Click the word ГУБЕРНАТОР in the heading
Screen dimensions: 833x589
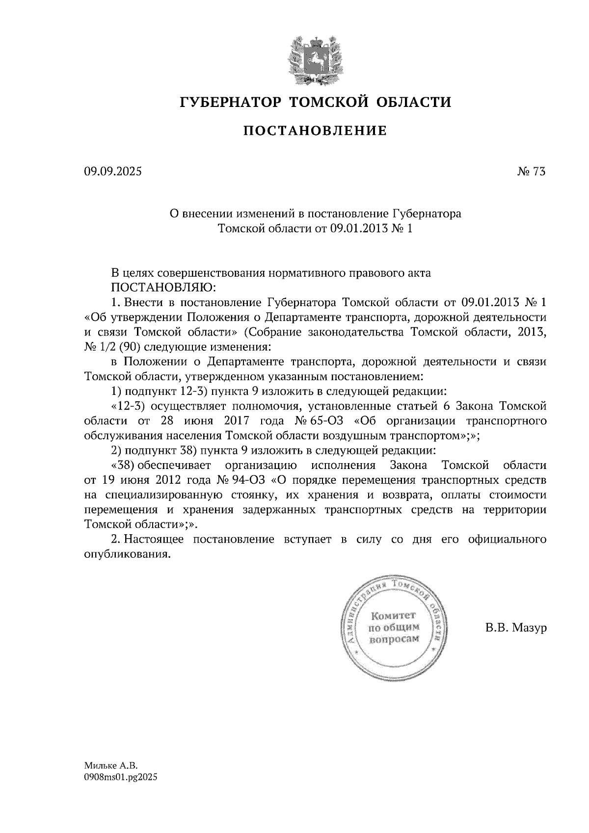(231, 103)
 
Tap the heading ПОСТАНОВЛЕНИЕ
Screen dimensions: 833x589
(315, 130)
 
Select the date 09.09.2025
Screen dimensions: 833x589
(112, 172)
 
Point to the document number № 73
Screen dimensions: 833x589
(531, 172)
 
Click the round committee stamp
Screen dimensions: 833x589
(395, 627)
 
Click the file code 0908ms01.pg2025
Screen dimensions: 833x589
(122, 777)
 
